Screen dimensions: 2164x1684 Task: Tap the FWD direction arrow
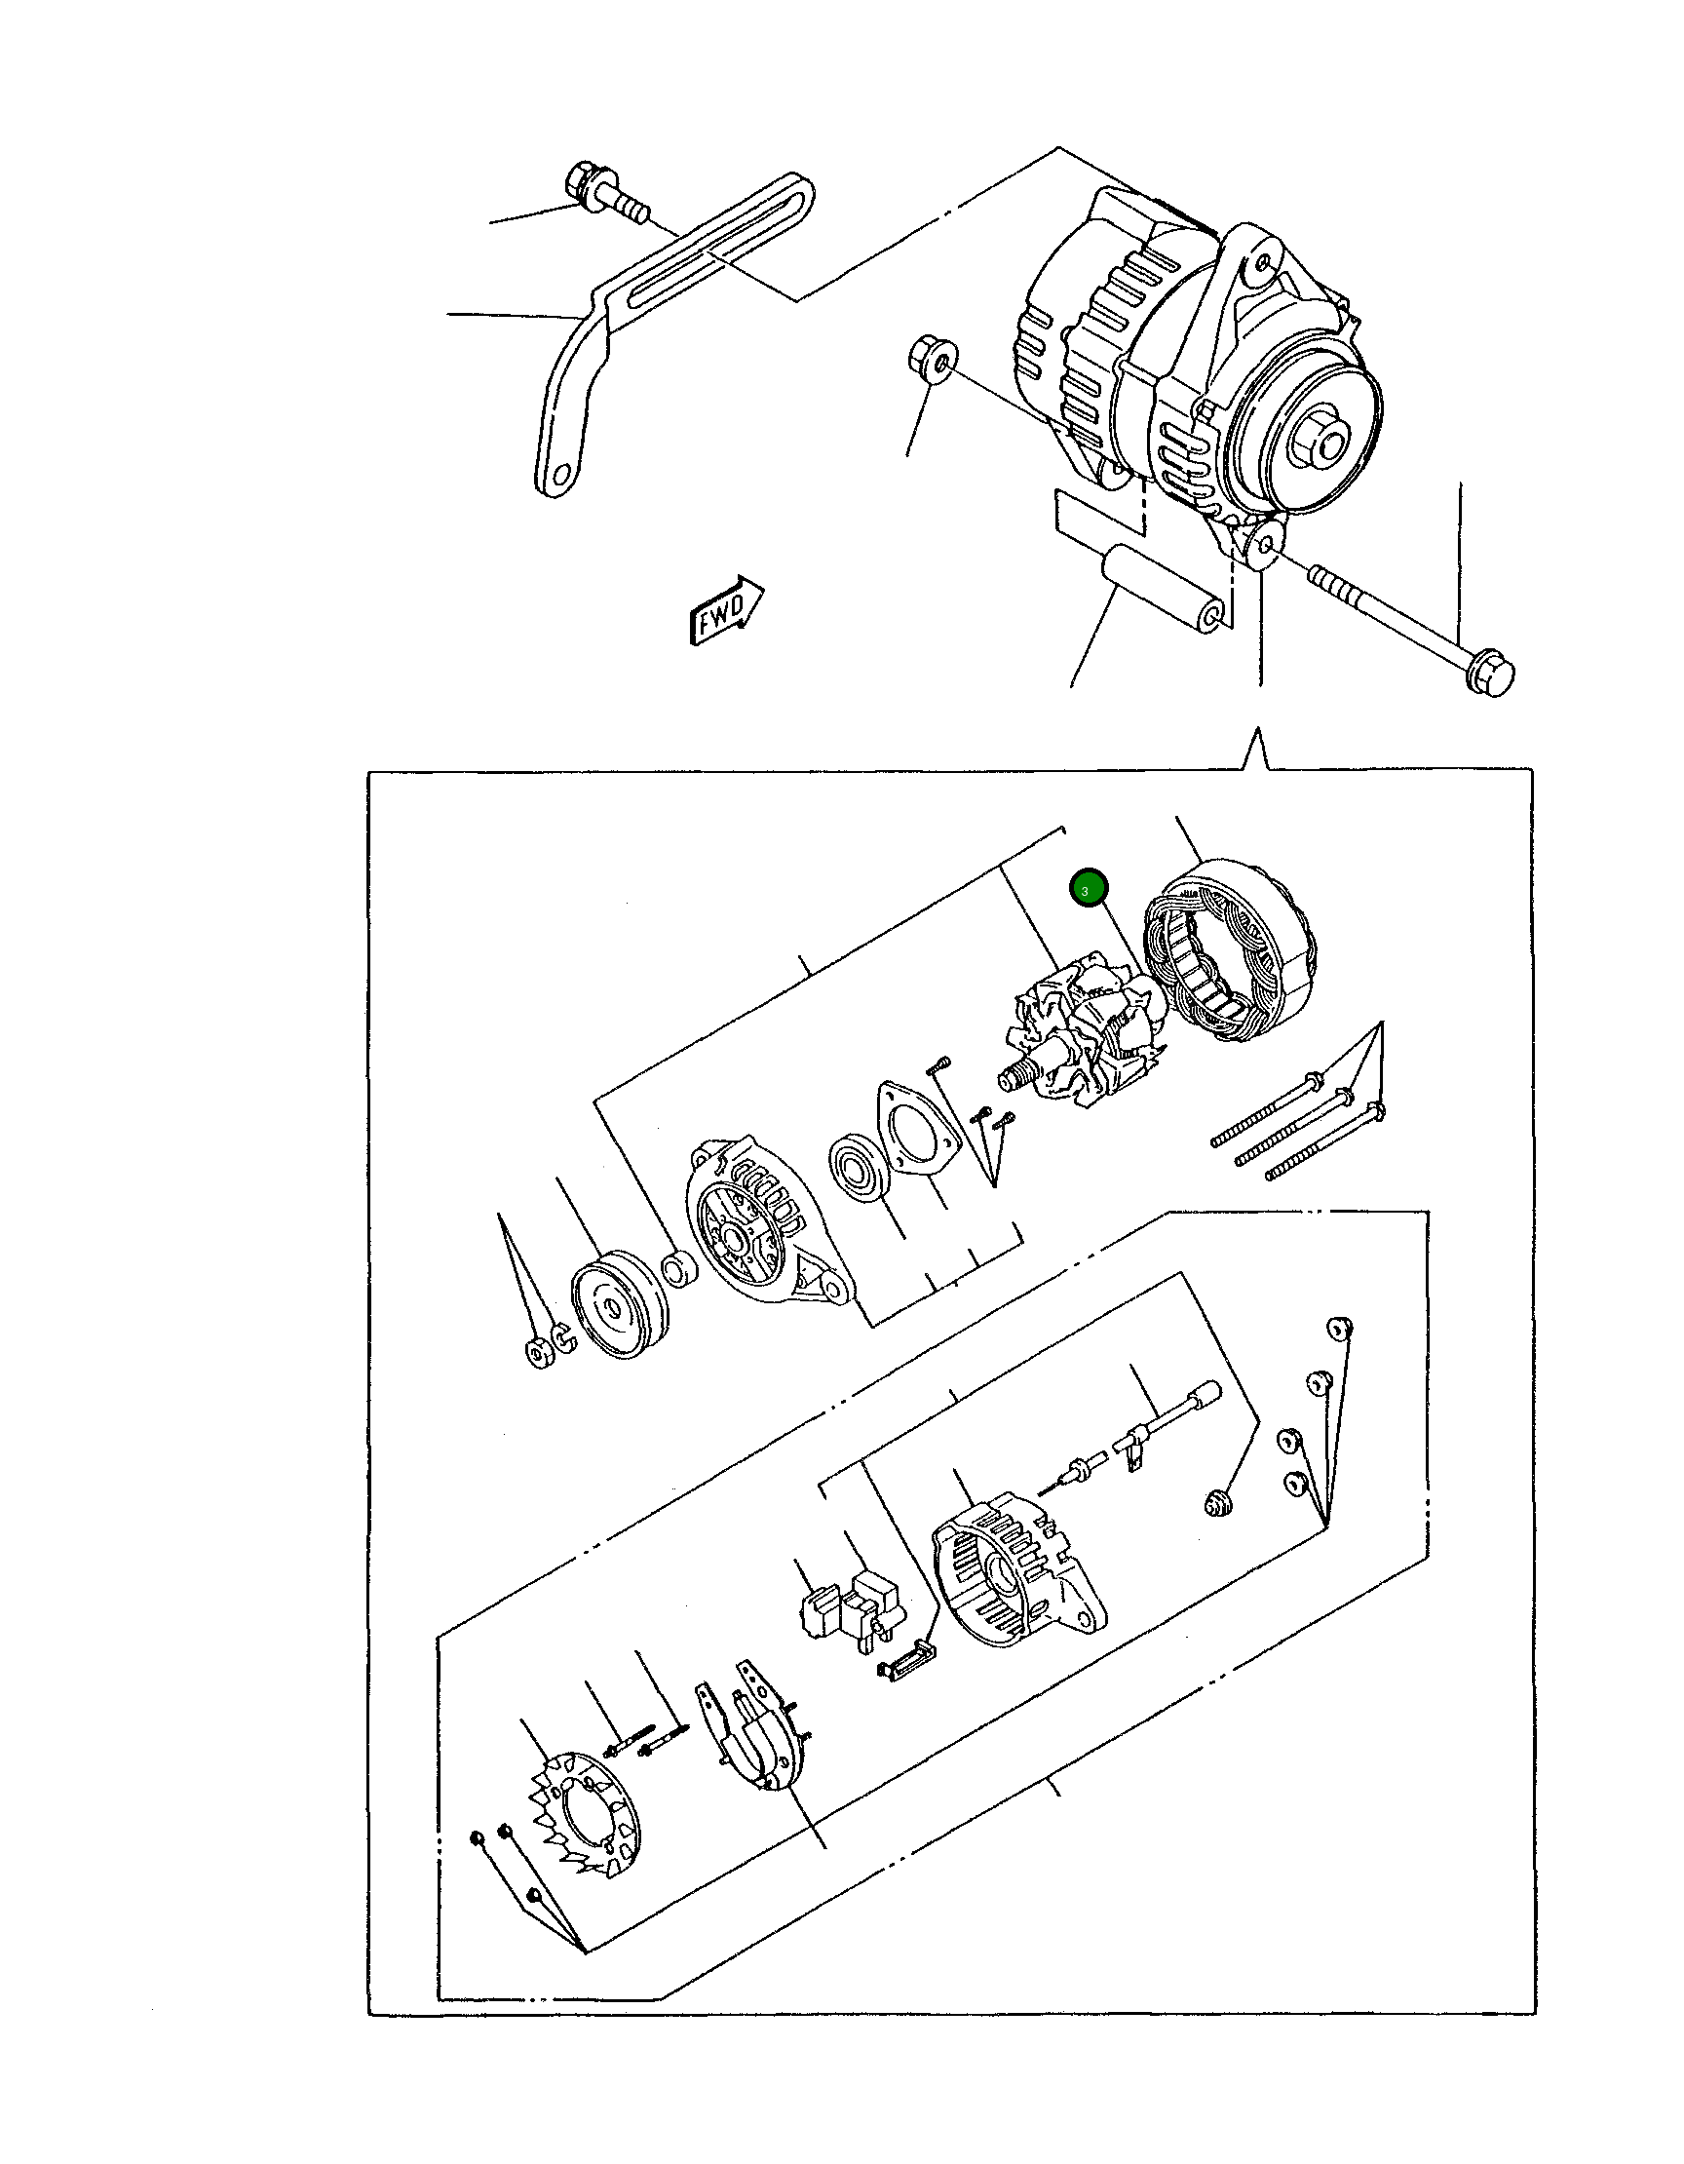pyautogui.click(x=727, y=608)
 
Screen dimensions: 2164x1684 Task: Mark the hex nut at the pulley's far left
pyautogui.click(x=539, y=1353)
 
